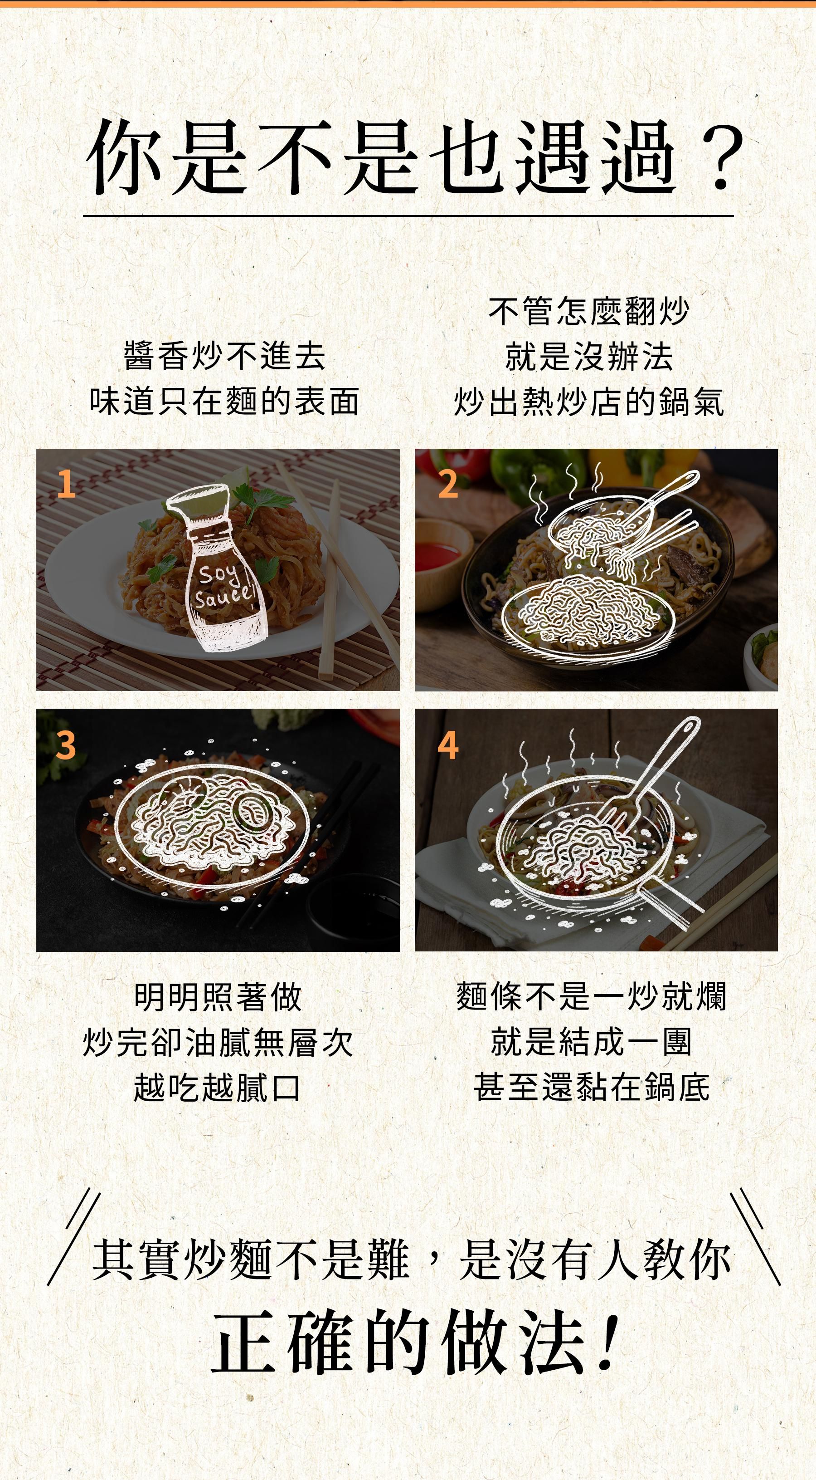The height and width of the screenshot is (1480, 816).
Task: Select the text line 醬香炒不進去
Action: point(224,356)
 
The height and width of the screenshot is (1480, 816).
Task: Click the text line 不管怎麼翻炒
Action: point(588,311)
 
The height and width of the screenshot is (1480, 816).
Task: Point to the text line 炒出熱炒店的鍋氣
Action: point(588,401)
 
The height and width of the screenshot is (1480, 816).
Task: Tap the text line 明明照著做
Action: point(218,997)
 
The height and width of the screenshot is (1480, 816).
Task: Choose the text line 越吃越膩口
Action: point(218,1087)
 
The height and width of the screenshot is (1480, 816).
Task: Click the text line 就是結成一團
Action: point(592,1042)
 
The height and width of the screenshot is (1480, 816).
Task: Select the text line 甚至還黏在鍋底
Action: point(592,1087)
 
